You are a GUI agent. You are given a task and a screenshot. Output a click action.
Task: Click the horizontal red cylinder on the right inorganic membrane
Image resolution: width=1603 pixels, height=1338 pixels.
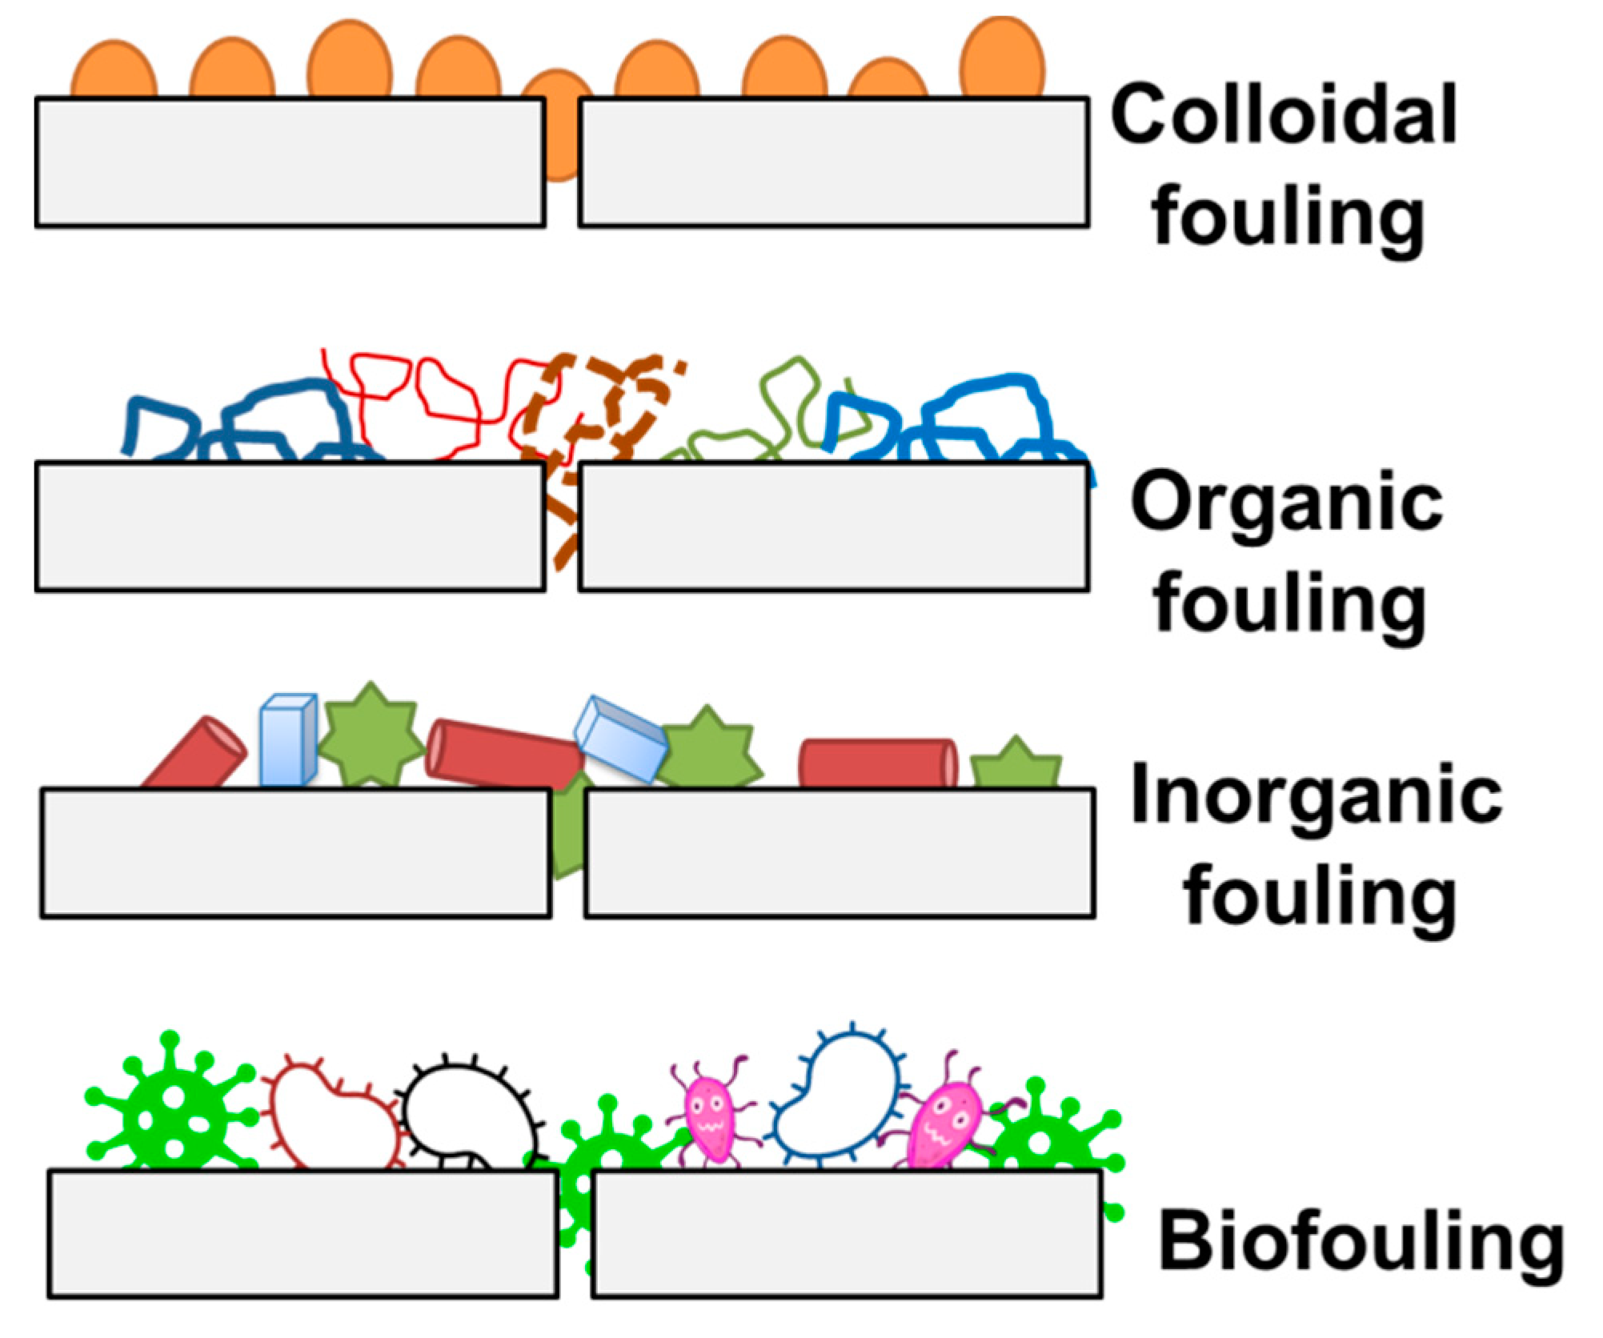click(x=878, y=763)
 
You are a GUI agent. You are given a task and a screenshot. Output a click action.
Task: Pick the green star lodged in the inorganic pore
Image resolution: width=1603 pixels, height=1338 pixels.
click(x=568, y=832)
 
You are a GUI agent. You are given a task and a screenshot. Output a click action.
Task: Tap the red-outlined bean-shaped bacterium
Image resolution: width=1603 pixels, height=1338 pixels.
click(x=332, y=1116)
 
